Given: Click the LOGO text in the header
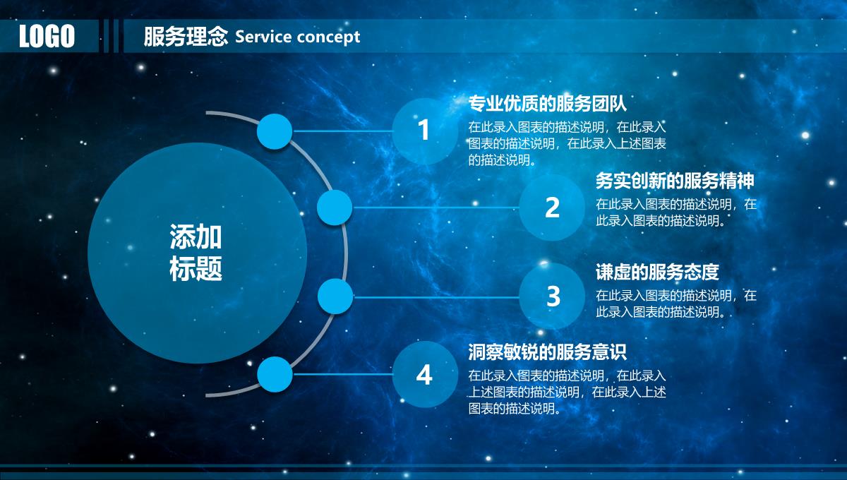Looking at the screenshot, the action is click(47, 36).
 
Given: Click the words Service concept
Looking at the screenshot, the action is click(298, 37).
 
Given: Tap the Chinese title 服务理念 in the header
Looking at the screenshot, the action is click(186, 37).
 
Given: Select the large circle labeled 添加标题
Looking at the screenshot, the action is click(197, 253).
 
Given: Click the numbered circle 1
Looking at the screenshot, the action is click(425, 131).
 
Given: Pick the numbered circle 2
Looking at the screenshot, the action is click(552, 208).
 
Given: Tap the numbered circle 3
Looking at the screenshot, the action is click(552, 296).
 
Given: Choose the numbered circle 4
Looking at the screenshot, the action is click(425, 374).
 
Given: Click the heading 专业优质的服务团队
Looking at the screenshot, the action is click(547, 104).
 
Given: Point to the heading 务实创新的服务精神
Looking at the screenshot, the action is click(675, 181).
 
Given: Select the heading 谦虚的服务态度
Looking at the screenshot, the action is click(657, 272).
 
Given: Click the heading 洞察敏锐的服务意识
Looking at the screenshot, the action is click(547, 352).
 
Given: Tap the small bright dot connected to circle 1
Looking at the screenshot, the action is click(275, 131).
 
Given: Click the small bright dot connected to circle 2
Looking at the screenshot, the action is click(335, 208).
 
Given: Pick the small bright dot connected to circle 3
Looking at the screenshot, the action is click(335, 296).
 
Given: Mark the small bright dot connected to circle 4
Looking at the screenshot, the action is click(275, 374).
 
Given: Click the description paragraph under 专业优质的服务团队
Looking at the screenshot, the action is click(567, 144).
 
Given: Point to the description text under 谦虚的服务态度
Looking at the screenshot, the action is click(676, 304).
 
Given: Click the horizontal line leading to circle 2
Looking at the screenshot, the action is click(436, 208).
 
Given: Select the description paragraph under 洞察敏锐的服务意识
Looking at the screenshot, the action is click(567, 392).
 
